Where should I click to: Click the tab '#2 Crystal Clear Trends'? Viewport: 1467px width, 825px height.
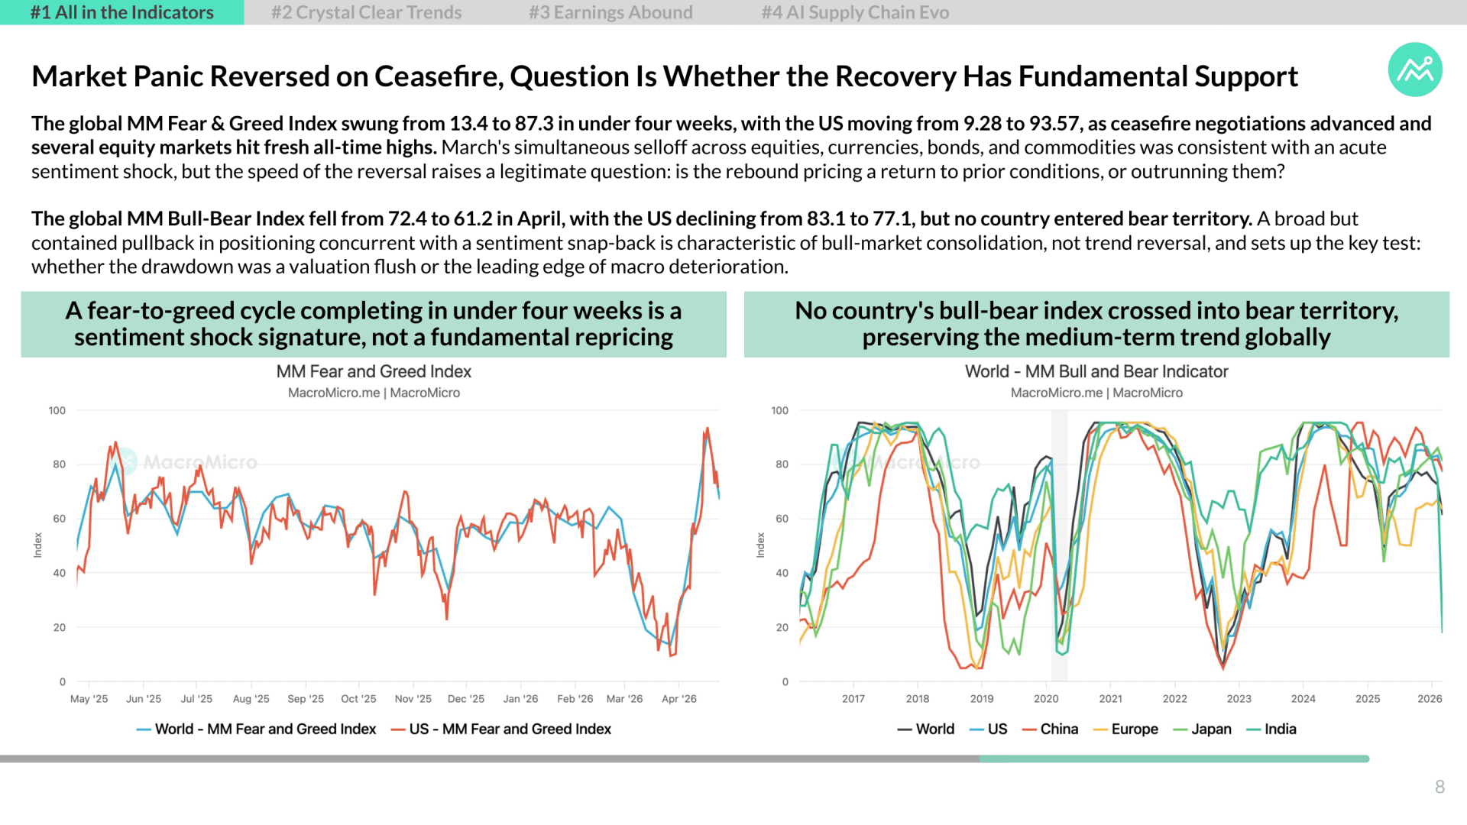tap(366, 12)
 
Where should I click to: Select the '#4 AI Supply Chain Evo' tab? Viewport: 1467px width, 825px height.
tap(855, 12)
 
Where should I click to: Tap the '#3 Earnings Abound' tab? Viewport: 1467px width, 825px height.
tap(610, 12)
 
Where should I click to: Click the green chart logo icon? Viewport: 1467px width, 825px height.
tap(1415, 70)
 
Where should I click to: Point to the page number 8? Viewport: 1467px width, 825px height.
tap(1439, 787)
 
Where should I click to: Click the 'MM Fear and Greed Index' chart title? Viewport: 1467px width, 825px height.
tap(374, 371)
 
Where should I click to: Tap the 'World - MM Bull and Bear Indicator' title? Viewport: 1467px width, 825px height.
tap(1096, 371)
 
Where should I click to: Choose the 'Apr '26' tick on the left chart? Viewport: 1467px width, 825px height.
tap(678, 699)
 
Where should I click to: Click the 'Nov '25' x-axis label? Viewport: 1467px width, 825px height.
tap(413, 699)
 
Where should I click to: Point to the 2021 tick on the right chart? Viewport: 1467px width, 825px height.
tap(1110, 699)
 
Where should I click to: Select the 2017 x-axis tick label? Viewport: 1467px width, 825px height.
tap(853, 699)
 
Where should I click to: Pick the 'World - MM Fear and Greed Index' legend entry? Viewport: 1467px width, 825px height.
tap(256, 729)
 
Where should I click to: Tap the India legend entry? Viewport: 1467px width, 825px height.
tap(1271, 729)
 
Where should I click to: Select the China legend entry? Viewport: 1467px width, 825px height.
tap(1050, 729)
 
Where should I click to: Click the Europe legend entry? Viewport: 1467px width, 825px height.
tap(1125, 729)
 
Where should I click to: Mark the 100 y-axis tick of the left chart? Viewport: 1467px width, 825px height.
tap(57, 410)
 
